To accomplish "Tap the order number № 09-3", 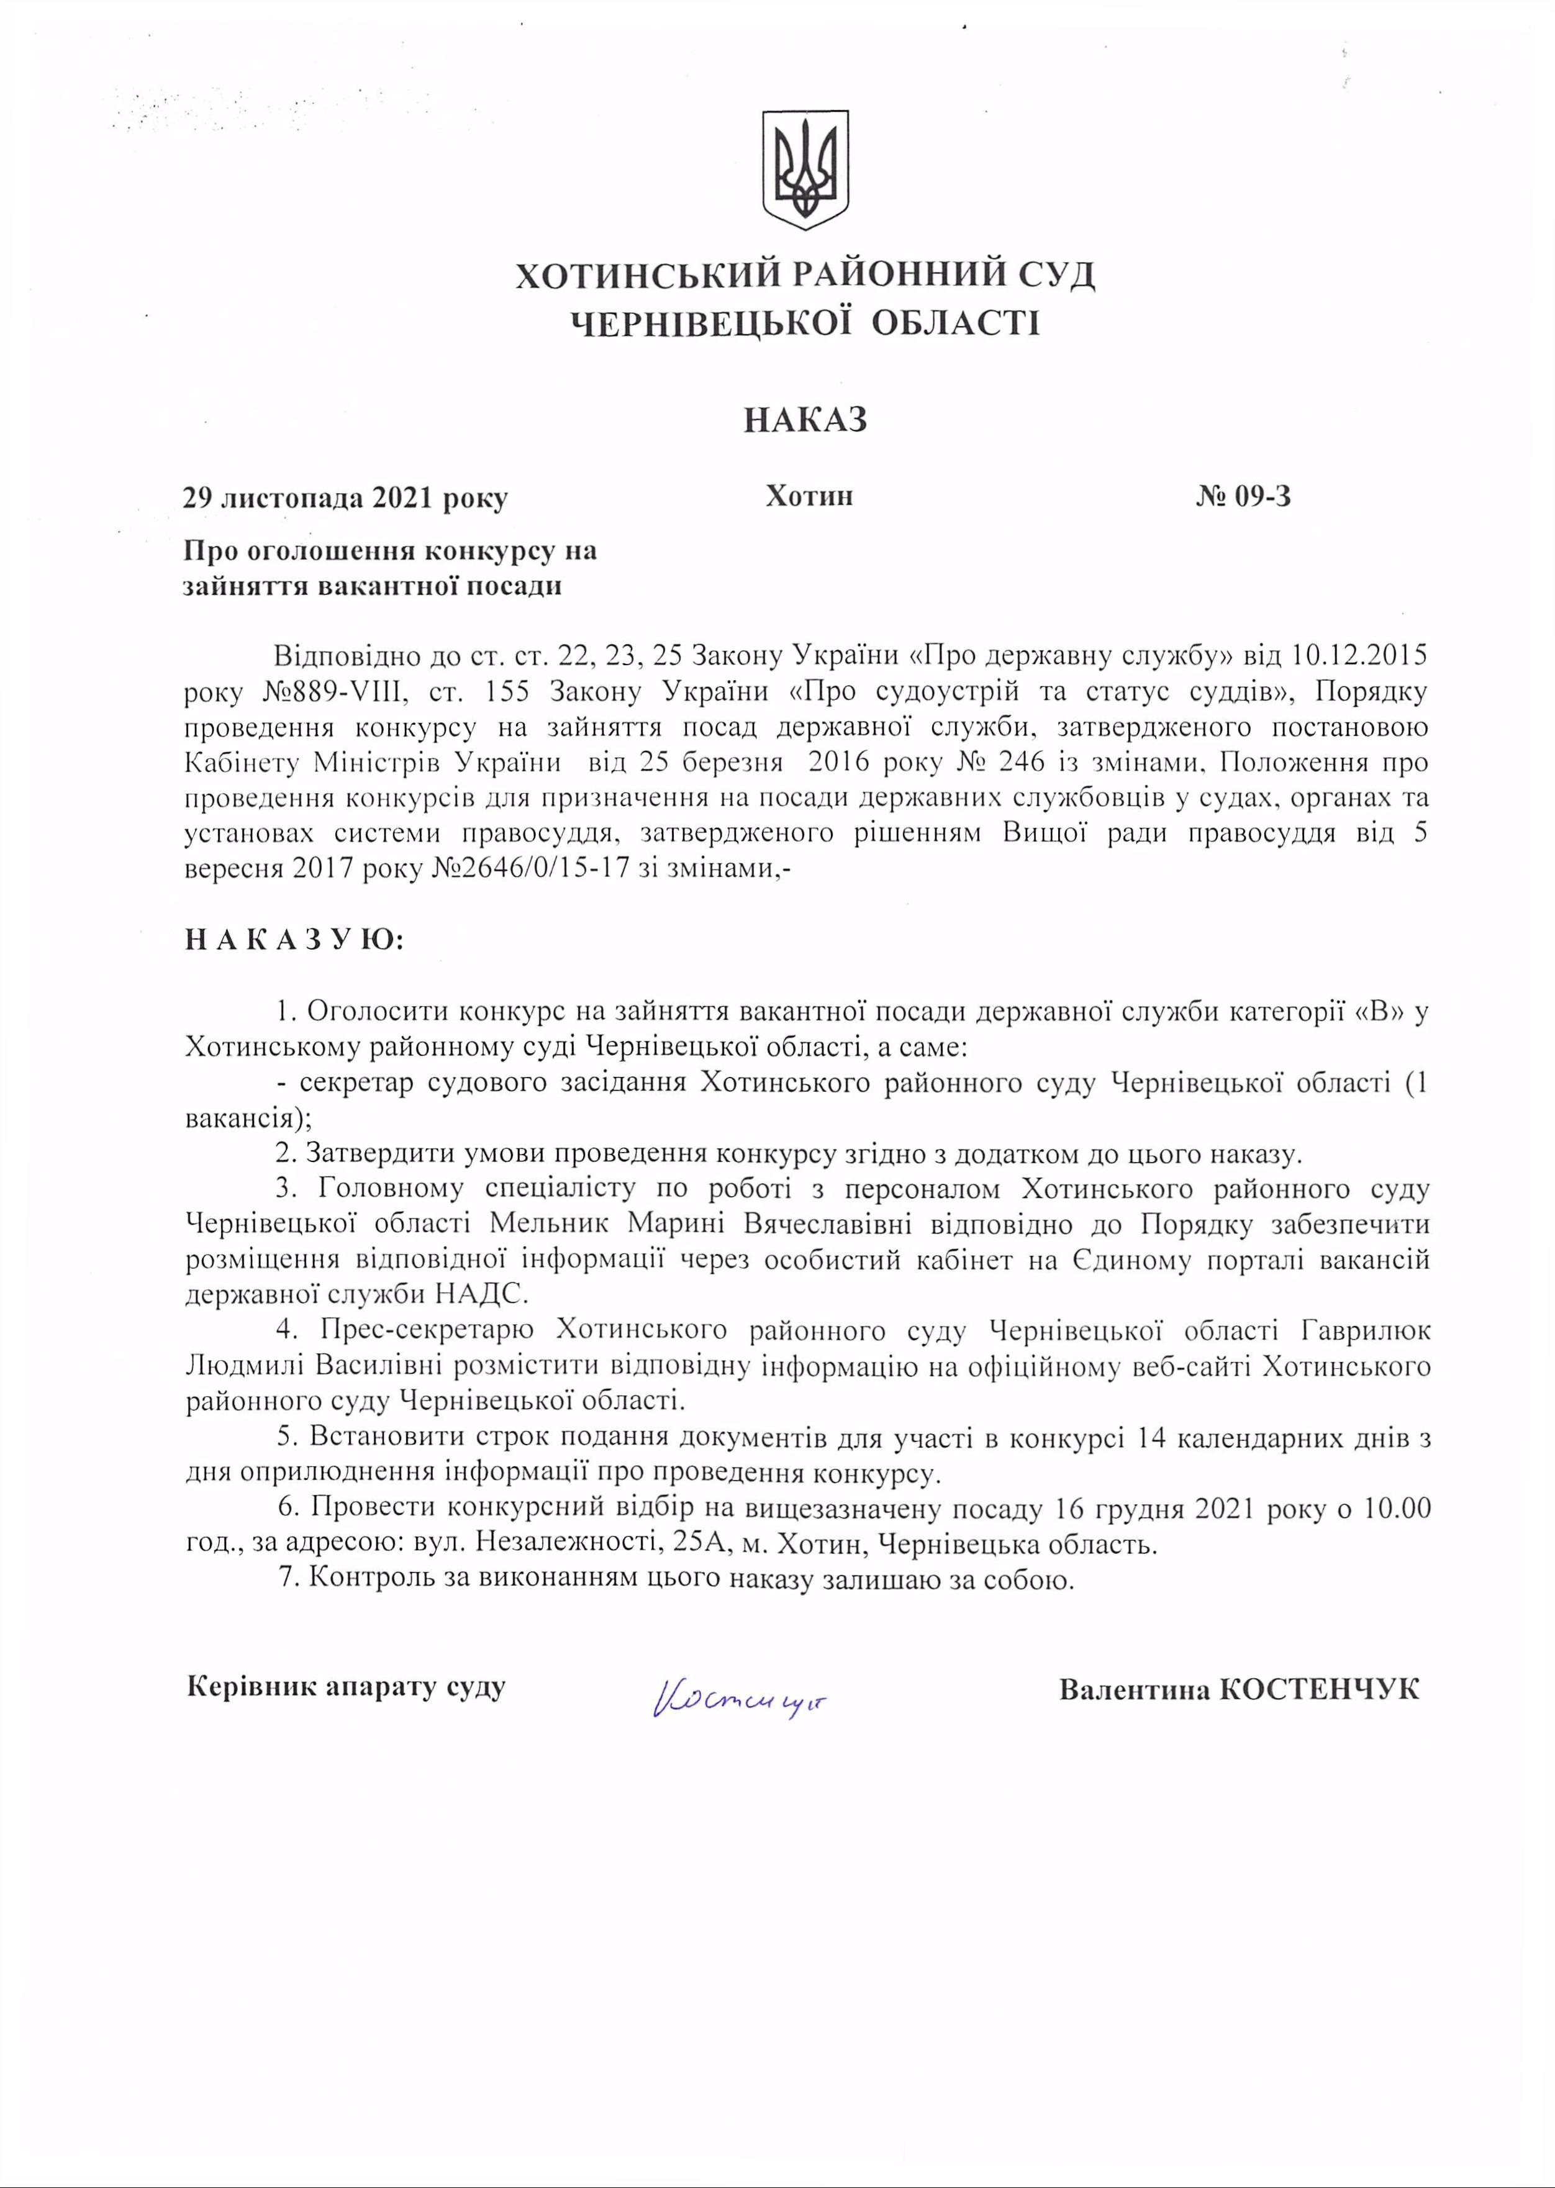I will click(1243, 497).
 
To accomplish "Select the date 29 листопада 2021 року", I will click(346, 499).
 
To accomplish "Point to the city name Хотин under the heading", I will click(809, 496).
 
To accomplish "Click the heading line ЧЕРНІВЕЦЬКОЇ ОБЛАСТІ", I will click(805, 324).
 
